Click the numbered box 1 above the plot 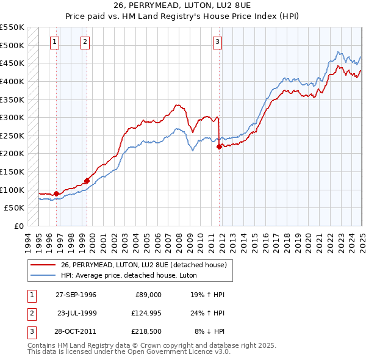click(x=56, y=42)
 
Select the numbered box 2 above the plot click(x=84, y=42)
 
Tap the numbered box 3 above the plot click(x=217, y=42)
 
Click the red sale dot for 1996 click(x=57, y=193)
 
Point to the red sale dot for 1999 click(x=87, y=181)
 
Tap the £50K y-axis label click(x=15, y=207)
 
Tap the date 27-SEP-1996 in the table click(x=76, y=294)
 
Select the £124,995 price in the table click(x=145, y=314)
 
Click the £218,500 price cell click(x=145, y=333)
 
